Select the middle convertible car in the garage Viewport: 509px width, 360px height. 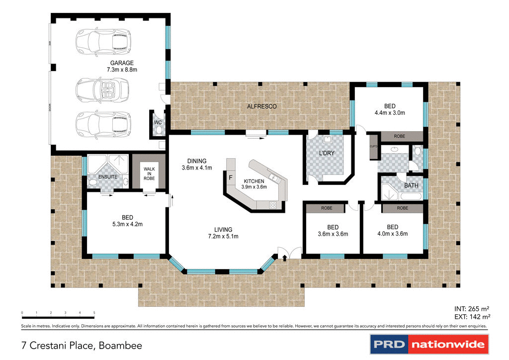[x=102, y=90]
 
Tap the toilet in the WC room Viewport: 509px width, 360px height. [x=159, y=130]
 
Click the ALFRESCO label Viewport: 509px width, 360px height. [x=261, y=106]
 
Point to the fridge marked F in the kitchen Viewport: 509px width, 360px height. [x=230, y=177]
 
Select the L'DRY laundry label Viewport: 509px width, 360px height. [x=327, y=153]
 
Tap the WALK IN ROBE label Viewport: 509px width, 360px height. [x=149, y=174]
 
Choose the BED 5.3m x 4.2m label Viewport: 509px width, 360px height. [x=127, y=220]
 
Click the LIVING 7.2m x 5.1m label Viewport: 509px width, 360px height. [x=223, y=233]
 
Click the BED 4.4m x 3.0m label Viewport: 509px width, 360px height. [x=390, y=109]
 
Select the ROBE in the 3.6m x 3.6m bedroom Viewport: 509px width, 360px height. [x=327, y=208]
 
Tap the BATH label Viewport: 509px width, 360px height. [x=411, y=185]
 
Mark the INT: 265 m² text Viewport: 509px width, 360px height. [x=473, y=308]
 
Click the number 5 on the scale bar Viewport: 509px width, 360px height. [x=94, y=312]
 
